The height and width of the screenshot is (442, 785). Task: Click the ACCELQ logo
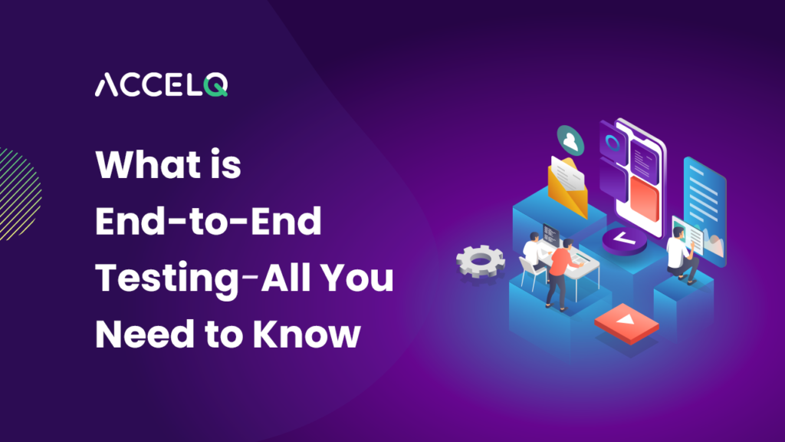[x=160, y=85]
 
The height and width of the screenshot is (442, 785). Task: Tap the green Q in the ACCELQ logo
[x=216, y=85]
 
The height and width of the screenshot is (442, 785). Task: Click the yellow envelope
[x=567, y=187]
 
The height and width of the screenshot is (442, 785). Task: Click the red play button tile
[x=626, y=322]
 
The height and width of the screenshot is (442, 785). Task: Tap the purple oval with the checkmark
[x=624, y=240]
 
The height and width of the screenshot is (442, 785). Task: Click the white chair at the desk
[x=528, y=269]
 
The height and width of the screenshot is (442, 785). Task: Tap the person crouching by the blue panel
[x=681, y=252]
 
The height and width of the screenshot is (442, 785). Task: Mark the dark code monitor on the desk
[x=551, y=232]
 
